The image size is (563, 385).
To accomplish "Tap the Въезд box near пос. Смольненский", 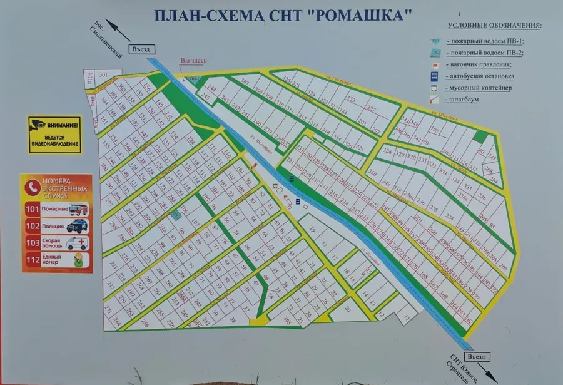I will [143, 49].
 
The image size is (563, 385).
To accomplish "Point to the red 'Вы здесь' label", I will [193, 61].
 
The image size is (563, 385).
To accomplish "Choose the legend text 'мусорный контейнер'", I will [480, 88].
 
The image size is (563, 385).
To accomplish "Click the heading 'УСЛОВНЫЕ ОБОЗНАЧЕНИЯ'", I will [495, 26].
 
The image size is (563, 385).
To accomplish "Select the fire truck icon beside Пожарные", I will [78, 209].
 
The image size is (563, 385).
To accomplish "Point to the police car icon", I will [78, 226].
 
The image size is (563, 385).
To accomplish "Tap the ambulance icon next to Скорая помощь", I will [78, 243].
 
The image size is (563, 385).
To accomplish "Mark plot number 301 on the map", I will [103, 74].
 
